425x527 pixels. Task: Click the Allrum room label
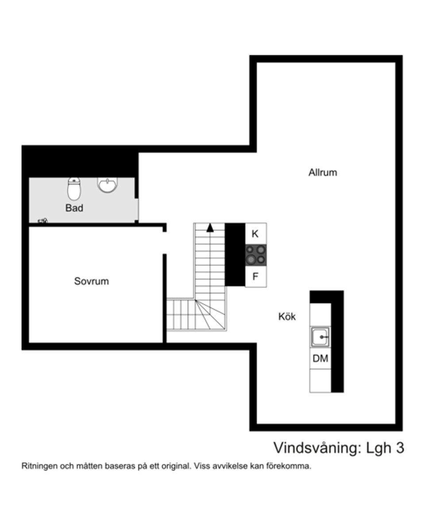(x=323, y=173)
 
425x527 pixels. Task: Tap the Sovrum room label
(x=91, y=281)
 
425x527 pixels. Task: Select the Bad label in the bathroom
(x=74, y=208)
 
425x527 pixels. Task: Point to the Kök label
(x=287, y=317)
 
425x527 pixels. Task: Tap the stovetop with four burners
(x=256, y=255)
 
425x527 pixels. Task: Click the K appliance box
(x=255, y=234)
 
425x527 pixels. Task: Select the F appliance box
(x=255, y=277)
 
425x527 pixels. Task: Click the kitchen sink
(x=320, y=337)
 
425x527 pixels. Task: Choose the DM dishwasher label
(x=320, y=358)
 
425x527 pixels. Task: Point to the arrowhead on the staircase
(x=210, y=227)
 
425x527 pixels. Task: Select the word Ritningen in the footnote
(x=38, y=466)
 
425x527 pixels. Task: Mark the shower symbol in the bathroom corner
(x=42, y=220)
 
